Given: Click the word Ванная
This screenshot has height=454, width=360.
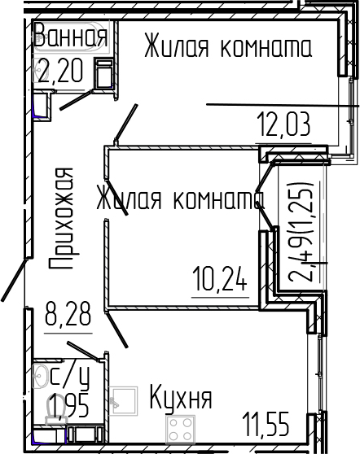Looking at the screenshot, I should click(x=70, y=37).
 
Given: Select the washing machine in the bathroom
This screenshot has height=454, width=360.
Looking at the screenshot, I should click(x=104, y=76).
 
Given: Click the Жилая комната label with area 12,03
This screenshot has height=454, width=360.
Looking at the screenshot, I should click(x=227, y=48).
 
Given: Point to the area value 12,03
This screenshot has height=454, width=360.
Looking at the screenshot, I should click(x=284, y=127).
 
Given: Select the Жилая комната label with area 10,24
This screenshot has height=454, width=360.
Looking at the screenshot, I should click(x=176, y=200).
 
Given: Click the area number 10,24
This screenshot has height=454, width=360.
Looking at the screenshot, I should click(x=218, y=280).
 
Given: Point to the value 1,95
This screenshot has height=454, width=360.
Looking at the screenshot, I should click(x=68, y=404).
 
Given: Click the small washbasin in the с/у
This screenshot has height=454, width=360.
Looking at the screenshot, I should click(x=41, y=375).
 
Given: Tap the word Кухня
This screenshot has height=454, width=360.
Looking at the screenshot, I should click(x=180, y=399).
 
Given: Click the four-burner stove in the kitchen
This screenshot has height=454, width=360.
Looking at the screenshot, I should click(x=181, y=426).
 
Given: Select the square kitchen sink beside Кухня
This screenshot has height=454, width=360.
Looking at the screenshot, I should click(x=123, y=399).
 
